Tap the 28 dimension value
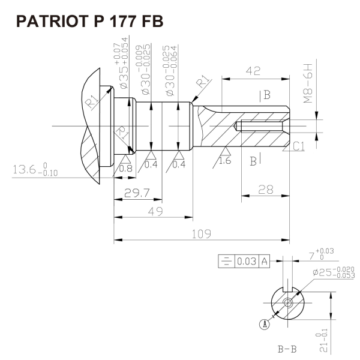point(265,190)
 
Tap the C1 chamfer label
point(300,145)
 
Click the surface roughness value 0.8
point(127,169)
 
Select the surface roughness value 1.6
point(226,161)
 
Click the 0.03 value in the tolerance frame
point(246,262)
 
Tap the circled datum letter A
point(263,324)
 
